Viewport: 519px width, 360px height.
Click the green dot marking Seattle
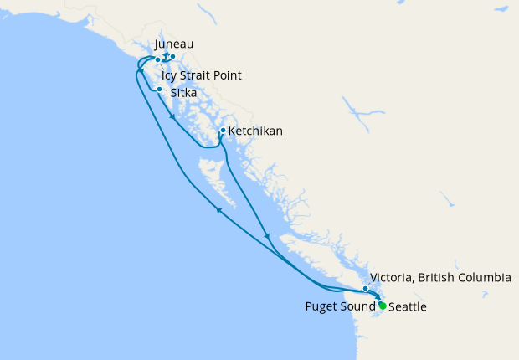coord(383,306)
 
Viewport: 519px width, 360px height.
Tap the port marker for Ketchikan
coord(222,131)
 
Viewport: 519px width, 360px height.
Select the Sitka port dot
coord(160,89)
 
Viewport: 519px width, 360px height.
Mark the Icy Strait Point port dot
coord(157,60)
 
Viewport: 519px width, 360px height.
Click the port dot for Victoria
coord(365,289)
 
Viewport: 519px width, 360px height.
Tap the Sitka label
coord(184,94)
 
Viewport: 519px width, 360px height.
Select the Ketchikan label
coord(255,131)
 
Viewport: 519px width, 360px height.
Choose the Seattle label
coord(408,307)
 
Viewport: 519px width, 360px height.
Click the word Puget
coord(321,307)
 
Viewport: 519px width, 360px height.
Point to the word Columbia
coord(487,277)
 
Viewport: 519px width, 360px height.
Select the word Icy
coord(170,76)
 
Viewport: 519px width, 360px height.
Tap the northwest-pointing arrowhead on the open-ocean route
coord(219,210)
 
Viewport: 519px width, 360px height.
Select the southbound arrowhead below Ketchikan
coord(267,236)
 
